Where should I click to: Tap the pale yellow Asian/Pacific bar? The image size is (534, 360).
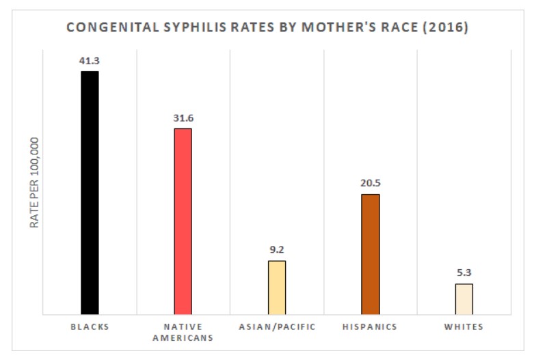277,288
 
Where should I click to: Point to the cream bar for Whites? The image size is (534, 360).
464,299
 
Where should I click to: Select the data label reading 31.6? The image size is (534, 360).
183,117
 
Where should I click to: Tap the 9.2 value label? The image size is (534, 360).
277,249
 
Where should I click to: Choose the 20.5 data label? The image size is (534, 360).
370,183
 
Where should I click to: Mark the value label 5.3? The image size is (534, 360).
464,273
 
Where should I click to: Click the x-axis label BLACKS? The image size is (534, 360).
90,327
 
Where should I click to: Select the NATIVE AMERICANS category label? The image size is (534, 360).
183,332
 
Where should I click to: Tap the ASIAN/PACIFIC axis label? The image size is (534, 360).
277,327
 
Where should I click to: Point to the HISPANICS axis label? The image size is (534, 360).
370,327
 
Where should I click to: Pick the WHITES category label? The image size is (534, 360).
464,327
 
